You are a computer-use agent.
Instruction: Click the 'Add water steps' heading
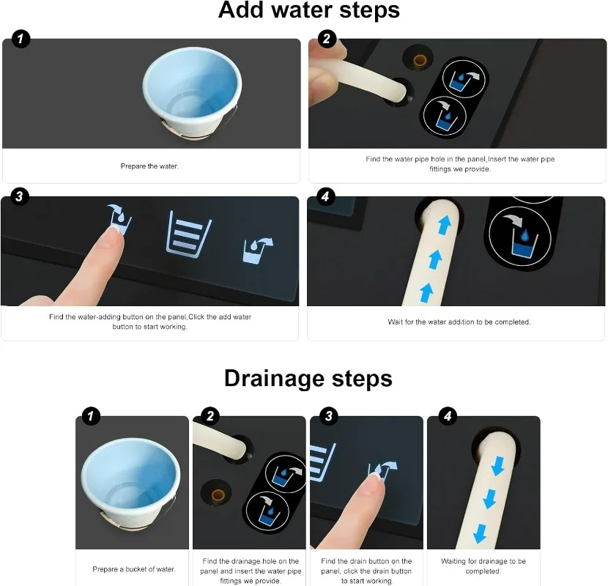tap(308, 10)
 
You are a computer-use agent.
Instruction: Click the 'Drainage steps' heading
tap(308, 379)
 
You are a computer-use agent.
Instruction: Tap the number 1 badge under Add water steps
tap(21, 38)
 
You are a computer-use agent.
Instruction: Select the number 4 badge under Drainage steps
tap(448, 416)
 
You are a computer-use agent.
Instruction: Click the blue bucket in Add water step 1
tap(192, 93)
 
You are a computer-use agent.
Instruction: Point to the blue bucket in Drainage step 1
tap(130, 483)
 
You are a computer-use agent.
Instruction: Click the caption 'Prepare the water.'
tap(149, 166)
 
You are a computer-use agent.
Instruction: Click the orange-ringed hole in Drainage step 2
tap(218, 495)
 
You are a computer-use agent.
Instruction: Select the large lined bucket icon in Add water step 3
tap(189, 234)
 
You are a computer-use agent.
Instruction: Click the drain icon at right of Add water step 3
tap(258, 250)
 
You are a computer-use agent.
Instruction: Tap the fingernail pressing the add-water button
tap(116, 234)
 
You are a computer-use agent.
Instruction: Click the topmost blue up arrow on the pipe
tap(445, 225)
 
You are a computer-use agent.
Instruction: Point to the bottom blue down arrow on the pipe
tap(480, 534)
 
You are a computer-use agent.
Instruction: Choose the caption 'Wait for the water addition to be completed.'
tap(459, 322)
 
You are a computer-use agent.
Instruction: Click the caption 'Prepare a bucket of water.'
tap(134, 569)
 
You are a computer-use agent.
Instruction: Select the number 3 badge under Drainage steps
tap(329, 416)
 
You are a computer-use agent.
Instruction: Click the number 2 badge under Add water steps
tap(327, 38)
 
